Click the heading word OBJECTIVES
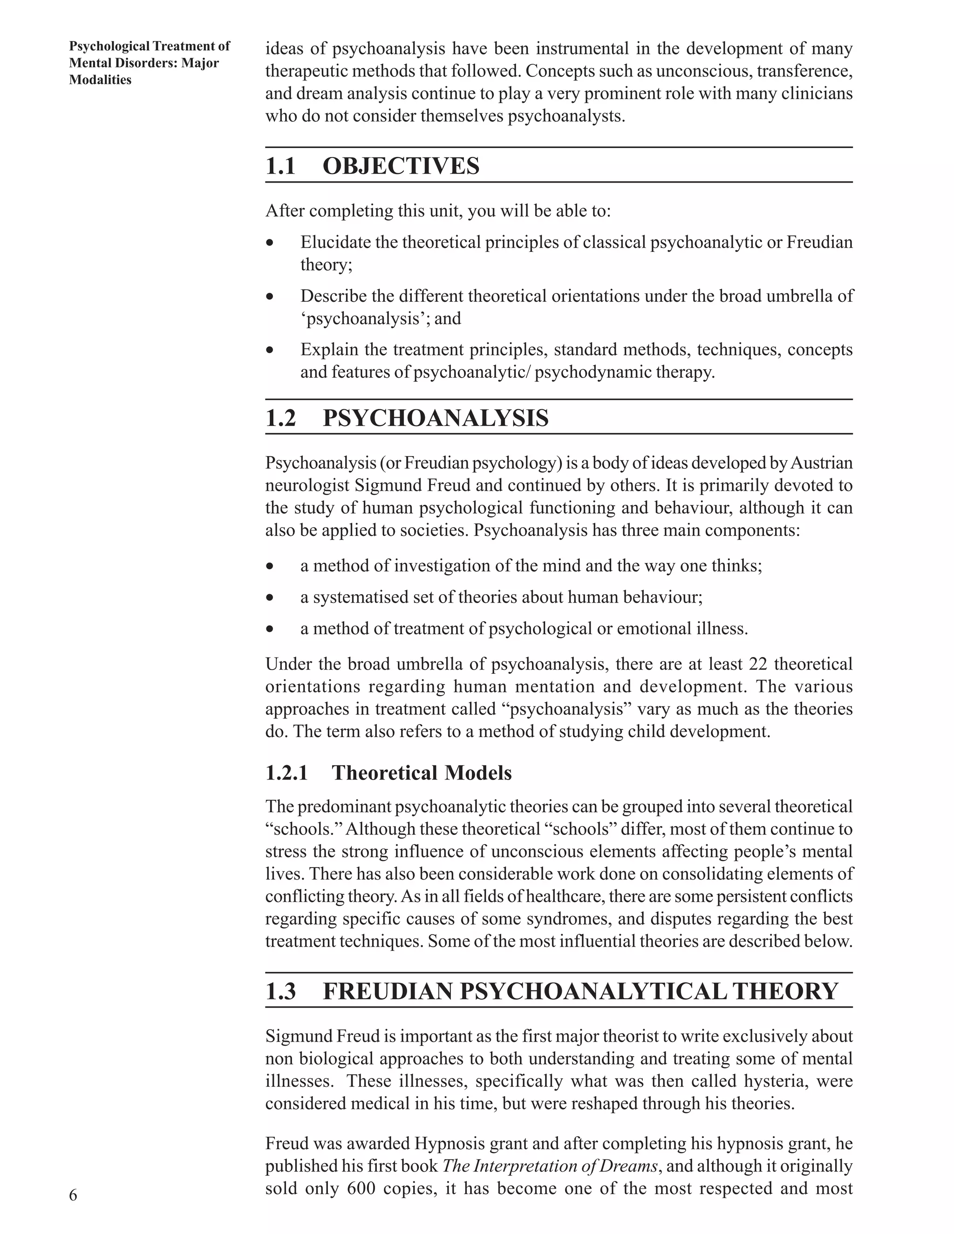pyautogui.click(x=401, y=166)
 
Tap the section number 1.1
pyautogui.click(x=280, y=166)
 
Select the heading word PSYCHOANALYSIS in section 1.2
pyautogui.click(x=435, y=418)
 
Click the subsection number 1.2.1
pyautogui.click(x=286, y=773)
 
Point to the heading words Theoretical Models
pyautogui.click(x=422, y=773)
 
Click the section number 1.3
pyautogui.click(x=280, y=991)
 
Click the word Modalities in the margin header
pyautogui.click(x=100, y=80)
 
